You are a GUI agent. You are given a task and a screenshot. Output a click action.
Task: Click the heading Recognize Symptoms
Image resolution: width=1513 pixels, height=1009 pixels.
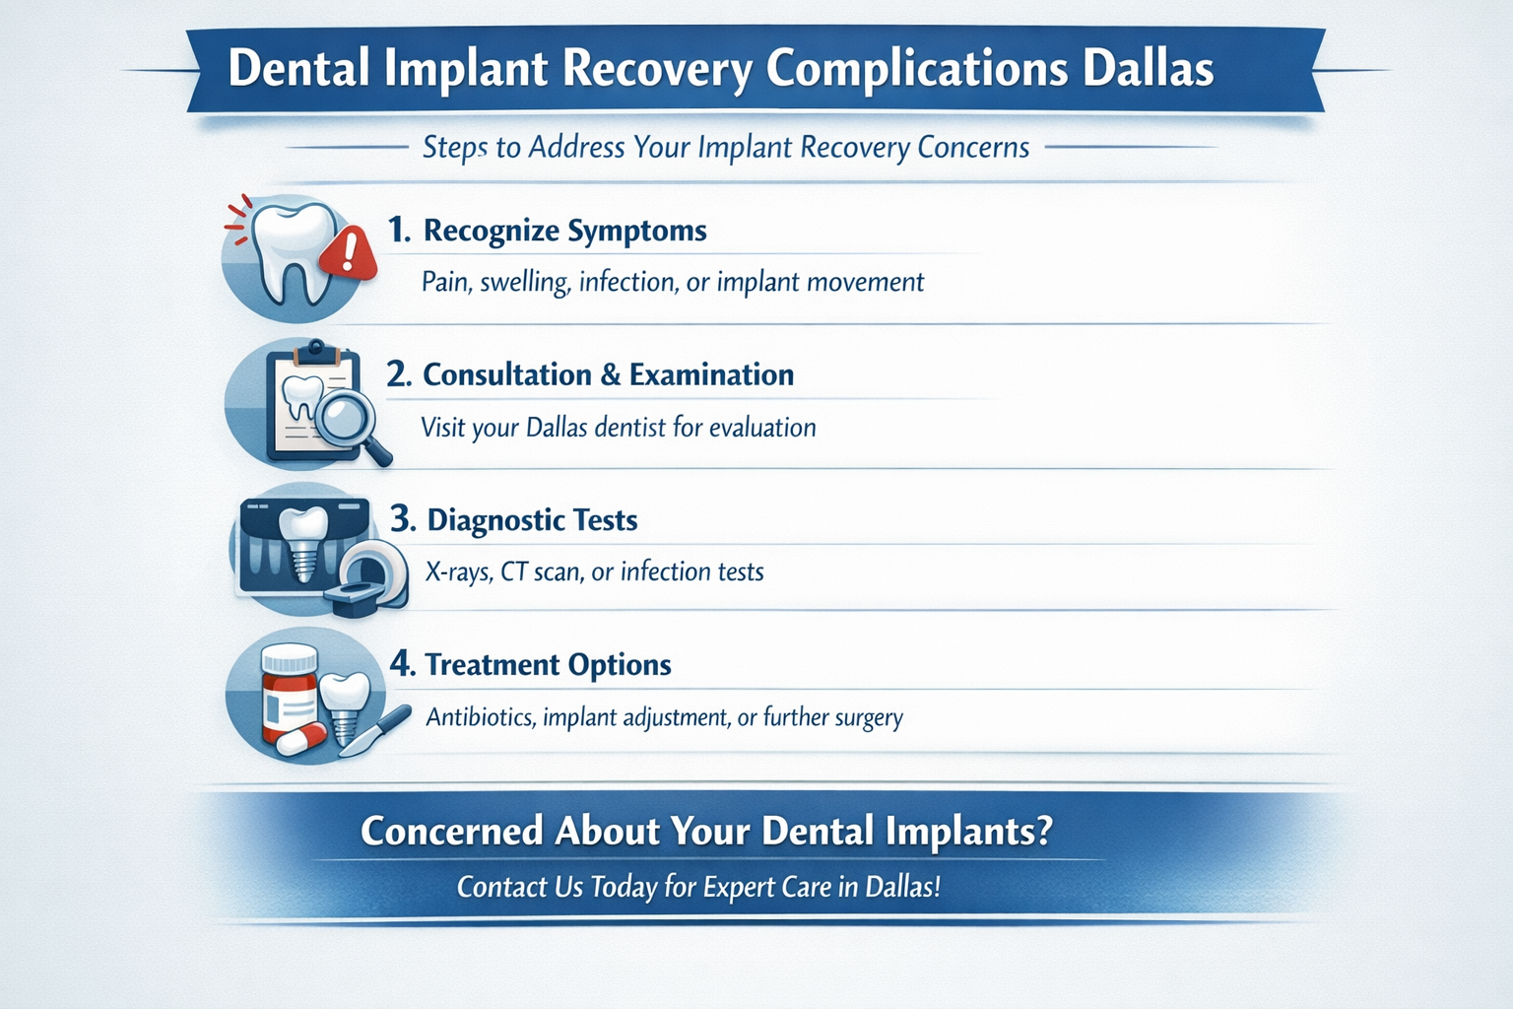coord(564,231)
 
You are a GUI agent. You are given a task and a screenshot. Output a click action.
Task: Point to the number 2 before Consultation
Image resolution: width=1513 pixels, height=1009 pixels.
coord(397,374)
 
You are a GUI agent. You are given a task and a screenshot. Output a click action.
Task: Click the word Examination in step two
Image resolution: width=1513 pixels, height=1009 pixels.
coord(711,374)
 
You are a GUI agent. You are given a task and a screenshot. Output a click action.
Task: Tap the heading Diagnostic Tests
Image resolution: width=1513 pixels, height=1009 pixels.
coord(532,519)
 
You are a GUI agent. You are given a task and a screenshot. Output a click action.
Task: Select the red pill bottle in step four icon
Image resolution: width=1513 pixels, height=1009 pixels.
coord(289,690)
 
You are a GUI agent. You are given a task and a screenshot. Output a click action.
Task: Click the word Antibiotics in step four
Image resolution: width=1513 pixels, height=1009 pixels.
coord(481,716)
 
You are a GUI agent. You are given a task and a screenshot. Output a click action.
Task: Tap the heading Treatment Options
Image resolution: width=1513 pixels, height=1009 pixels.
coord(548,664)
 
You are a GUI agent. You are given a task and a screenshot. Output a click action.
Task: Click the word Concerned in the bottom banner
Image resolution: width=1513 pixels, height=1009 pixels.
coord(451,831)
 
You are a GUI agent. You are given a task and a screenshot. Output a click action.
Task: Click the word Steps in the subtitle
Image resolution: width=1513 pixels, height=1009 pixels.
coord(454,148)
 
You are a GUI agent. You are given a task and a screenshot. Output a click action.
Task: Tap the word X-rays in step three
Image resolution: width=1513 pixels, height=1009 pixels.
coord(458,572)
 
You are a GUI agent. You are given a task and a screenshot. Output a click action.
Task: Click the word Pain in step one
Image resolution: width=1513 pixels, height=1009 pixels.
coord(446,283)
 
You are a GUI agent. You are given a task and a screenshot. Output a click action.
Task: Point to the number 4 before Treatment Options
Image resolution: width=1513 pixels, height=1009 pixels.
coord(401,663)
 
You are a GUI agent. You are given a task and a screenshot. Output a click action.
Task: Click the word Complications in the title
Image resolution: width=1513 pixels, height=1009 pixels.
coord(916,69)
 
